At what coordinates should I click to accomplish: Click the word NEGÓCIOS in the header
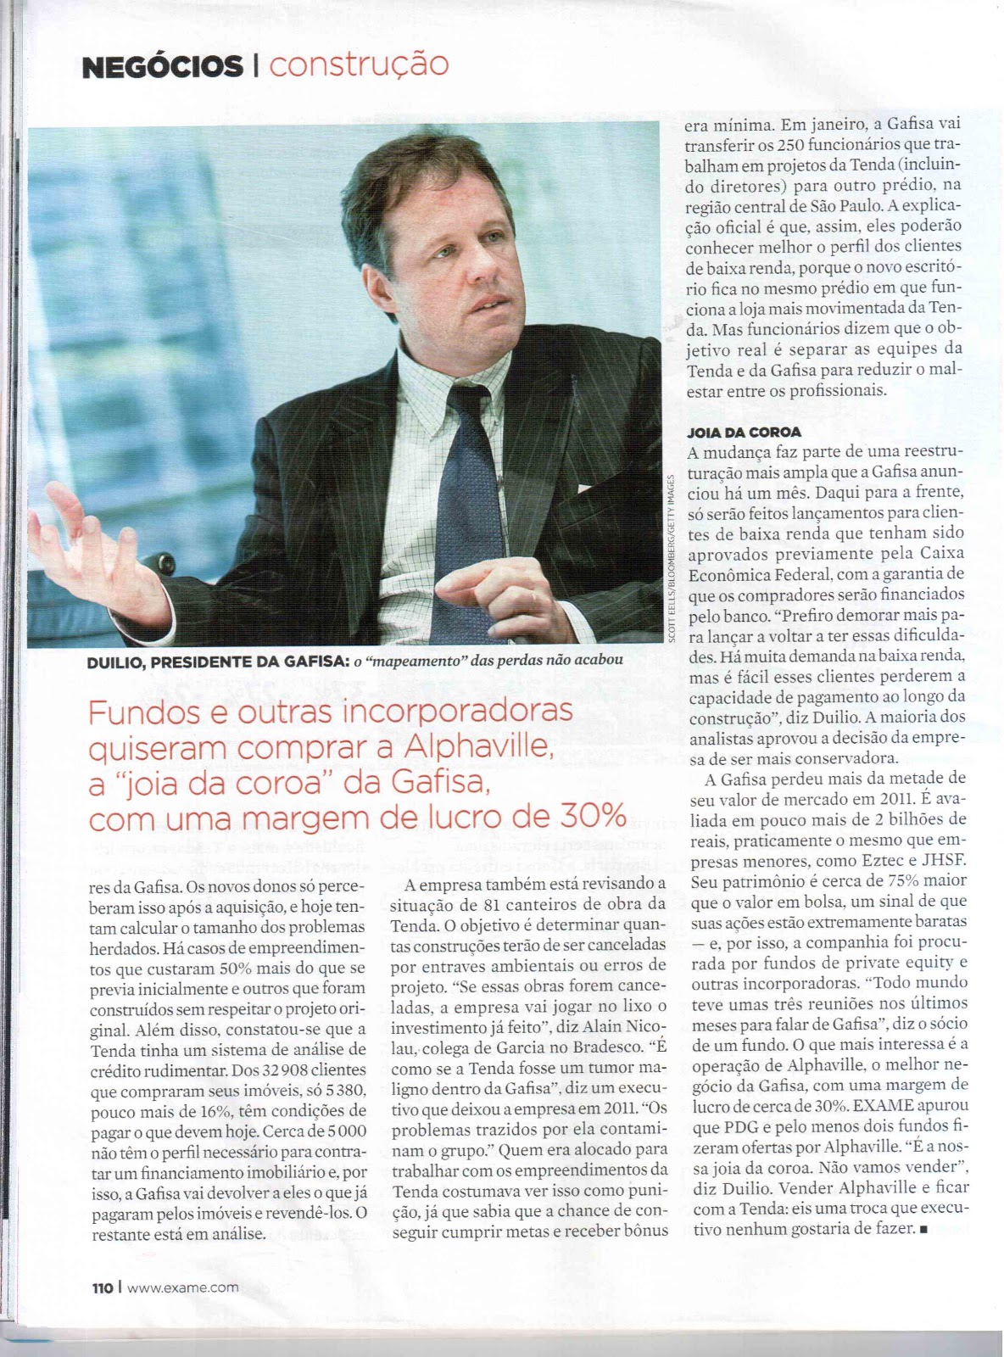point(161,66)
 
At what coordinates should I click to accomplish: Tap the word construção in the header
point(358,64)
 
